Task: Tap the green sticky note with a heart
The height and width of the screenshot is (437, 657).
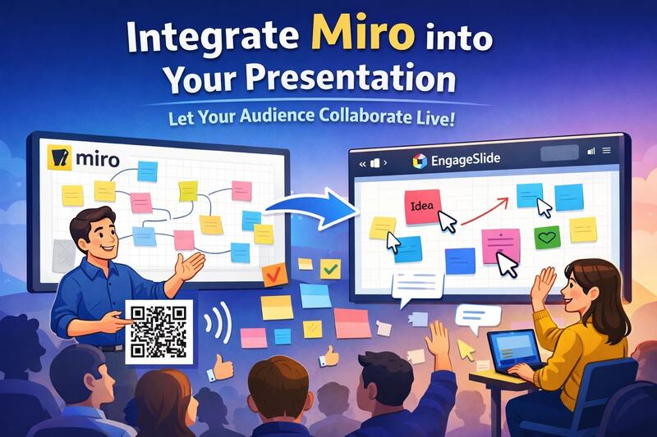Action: tap(546, 239)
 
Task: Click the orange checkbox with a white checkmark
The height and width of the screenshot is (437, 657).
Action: tap(269, 275)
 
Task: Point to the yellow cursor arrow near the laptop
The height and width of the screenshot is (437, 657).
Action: tap(466, 349)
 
